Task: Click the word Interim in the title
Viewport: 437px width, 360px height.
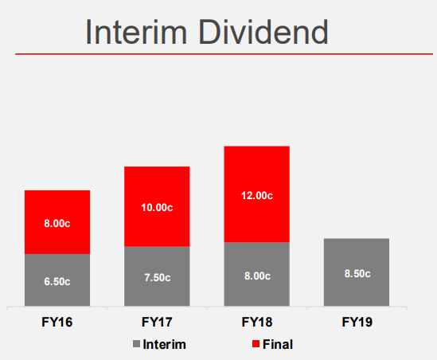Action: pyautogui.click(x=136, y=32)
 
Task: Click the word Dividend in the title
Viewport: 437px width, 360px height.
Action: pyautogui.click(x=263, y=32)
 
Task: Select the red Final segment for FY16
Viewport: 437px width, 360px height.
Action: pyautogui.click(x=57, y=222)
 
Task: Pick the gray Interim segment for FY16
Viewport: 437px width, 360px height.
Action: pyautogui.click(x=57, y=280)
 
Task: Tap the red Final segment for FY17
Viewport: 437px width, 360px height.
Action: pyautogui.click(x=157, y=206)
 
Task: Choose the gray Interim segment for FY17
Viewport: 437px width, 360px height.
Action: pyautogui.click(x=157, y=276)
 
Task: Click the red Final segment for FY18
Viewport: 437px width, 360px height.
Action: pyautogui.click(x=256, y=194)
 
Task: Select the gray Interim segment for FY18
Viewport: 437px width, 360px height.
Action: pyautogui.click(x=256, y=275)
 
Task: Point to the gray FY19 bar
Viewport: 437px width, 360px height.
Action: pyautogui.click(x=357, y=272)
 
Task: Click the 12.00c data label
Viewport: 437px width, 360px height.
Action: pyautogui.click(x=257, y=195)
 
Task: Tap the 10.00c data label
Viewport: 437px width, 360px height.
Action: pyautogui.click(x=157, y=207)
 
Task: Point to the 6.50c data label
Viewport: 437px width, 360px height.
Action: pyautogui.click(x=57, y=282)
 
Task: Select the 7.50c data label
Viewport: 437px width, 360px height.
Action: pyautogui.click(x=158, y=278)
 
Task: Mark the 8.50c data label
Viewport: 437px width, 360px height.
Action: pyautogui.click(x=357, y=273)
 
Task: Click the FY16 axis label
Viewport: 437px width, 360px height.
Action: pyautogui.click(x=57, y=322)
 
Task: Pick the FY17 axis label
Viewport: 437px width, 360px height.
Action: pyautogui.click(x=157, y=322)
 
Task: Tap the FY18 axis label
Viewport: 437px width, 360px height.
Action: pyautogui.click(x=257, y=322)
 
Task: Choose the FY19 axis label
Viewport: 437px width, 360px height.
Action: pyautogui.click(x=357, y=322)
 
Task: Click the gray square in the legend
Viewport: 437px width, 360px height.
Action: pyautogui.click(x=136, y=344)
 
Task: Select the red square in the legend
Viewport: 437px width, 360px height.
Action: pyautogui.click(x=256, y=344)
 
